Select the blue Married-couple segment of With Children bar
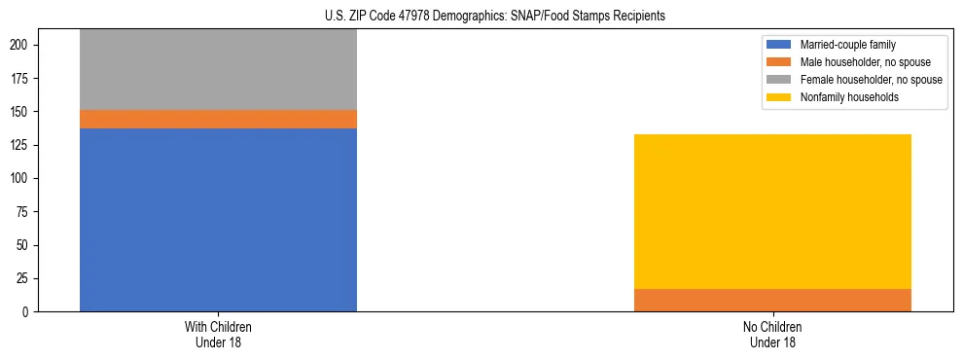click(218, 220)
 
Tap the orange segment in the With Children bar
click(218, 119)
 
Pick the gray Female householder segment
click(218, 69)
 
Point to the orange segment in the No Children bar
click(772, 300)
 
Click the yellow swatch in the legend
click(779, 97)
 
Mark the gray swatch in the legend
click(779, 80)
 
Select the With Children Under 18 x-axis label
click(218, 334)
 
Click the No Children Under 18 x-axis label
click(772, 334)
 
